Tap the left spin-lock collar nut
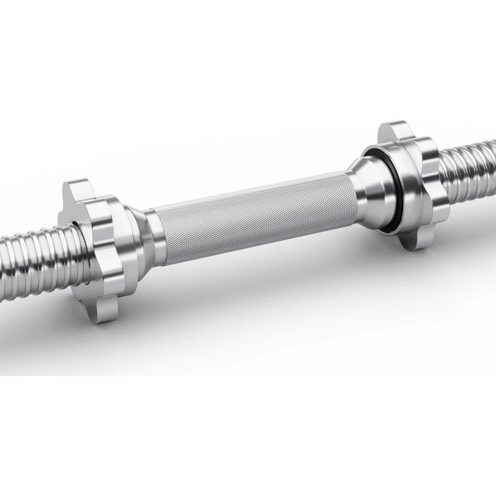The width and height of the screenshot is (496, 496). pos(99,244)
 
